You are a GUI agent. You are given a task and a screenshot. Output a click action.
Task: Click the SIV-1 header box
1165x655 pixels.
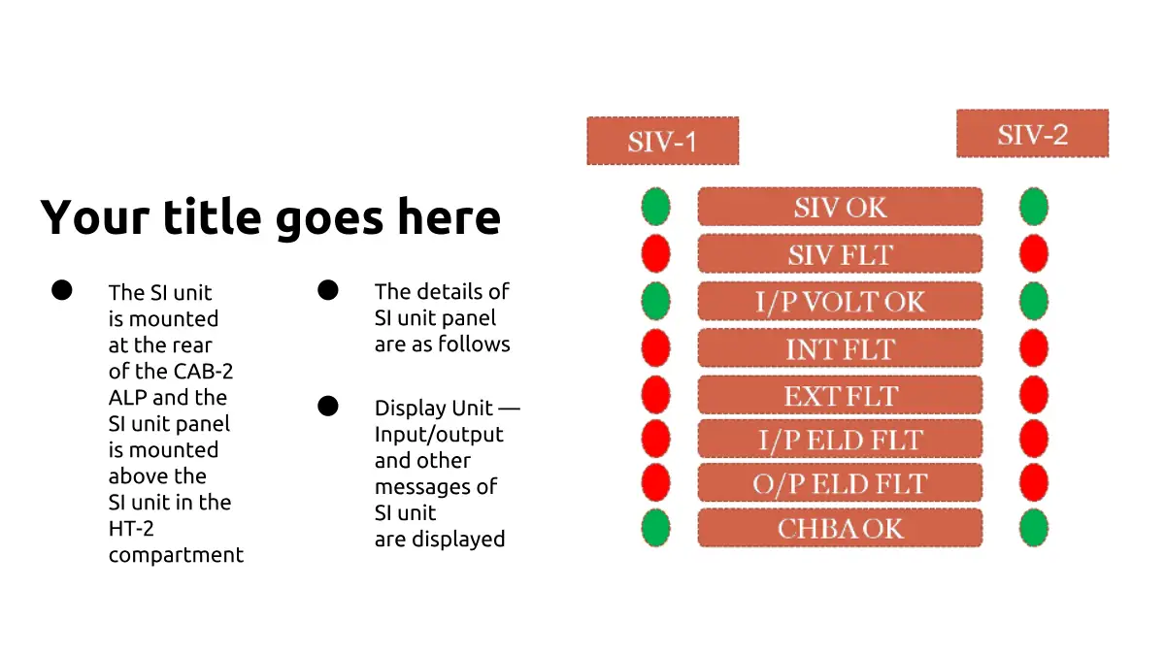coord(662,141)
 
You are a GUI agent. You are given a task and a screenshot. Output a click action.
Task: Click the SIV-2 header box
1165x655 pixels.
coord(1032,134)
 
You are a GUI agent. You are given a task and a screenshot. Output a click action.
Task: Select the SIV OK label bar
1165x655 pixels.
coord(840,207)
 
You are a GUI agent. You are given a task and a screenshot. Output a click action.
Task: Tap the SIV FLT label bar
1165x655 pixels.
coord(840,253)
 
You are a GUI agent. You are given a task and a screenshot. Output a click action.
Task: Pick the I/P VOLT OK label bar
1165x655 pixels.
coord(840,301)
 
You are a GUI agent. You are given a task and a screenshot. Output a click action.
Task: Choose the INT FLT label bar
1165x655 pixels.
coord(840,347)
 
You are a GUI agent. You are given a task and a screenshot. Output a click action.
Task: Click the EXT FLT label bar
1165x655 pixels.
coord(840,395)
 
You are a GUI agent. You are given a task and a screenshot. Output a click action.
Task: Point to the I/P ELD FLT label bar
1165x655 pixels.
coord(840,440)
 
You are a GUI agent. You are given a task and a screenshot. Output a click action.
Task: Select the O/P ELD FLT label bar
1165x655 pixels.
coord(840,483)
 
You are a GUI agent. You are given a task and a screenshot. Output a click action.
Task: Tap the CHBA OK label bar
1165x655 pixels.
coord(840,528)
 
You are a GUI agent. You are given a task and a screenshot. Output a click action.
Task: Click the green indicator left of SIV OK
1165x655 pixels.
coord(656,207)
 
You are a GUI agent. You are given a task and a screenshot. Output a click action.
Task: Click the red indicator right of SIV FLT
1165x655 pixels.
coord(1034,253)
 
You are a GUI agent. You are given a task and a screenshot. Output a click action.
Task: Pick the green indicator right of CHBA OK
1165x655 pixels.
coord(1034,528)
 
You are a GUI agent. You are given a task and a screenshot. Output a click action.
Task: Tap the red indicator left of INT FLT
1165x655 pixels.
coord(656,347)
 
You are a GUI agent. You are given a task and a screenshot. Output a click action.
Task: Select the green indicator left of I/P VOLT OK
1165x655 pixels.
coord(656,301)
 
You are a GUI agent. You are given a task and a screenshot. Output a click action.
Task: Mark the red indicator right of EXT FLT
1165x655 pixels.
coord(1034,395)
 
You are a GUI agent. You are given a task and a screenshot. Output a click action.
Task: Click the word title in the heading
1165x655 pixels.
coord(212,216)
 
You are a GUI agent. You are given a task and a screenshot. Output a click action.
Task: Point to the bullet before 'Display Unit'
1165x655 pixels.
coord(328,406)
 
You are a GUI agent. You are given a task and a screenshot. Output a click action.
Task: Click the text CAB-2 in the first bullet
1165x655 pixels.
coord(202,371)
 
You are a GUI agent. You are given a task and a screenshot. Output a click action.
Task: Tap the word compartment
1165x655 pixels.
coord(176,556)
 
